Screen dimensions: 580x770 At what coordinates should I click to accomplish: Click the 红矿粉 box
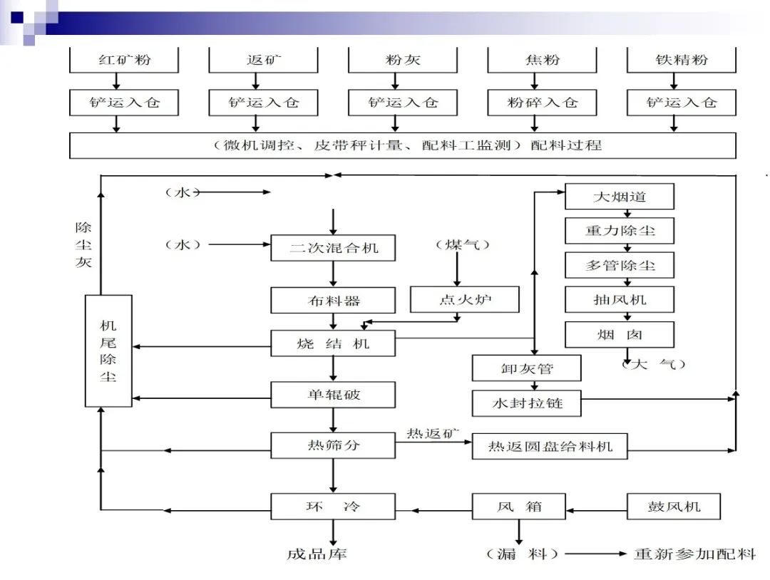point(124,60)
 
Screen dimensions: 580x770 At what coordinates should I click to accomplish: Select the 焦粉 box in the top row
point(541,60)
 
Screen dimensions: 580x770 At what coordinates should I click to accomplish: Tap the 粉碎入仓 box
point(541,103)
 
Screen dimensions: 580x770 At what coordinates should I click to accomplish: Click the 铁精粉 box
point(681,60)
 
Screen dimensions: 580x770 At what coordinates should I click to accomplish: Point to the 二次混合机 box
point(333,248)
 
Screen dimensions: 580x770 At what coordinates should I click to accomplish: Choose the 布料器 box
point(333,300)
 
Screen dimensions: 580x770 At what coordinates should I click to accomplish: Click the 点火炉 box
point(465,299)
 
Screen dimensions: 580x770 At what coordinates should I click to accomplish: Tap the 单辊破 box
point(333,394)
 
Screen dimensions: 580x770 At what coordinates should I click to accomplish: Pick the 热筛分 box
point(333,446)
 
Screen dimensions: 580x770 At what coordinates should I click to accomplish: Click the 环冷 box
point(333,507)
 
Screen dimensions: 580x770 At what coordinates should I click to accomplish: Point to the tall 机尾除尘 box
point(108,351)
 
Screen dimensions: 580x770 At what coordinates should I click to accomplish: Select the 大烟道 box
point(619,196)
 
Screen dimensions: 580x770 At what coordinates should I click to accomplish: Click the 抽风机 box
point(619,299)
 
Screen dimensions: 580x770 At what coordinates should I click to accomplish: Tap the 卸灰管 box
point(526,368)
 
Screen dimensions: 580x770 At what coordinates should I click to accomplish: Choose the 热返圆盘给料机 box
point(550,447)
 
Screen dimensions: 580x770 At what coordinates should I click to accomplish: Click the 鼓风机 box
point(673,507)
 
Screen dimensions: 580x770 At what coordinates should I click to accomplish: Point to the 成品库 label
point(317,554)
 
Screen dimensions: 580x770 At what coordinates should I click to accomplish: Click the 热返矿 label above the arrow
point(433,433)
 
